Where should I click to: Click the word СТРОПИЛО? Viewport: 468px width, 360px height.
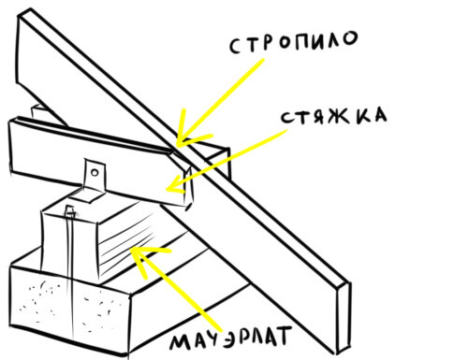(293, 43)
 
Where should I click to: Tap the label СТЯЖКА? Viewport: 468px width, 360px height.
(333, 116)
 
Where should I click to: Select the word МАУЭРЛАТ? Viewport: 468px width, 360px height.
(231, 338)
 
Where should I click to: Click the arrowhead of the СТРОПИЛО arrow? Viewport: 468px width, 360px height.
(190, 131)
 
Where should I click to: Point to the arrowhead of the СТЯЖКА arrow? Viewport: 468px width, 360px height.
(176, 185)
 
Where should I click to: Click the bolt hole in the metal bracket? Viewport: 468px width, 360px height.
(95, 172)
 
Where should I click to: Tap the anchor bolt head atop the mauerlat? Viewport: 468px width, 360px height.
(70, 211)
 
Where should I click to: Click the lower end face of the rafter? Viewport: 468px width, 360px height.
(344, 318)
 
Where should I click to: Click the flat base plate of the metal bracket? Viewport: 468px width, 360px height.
(88, 194)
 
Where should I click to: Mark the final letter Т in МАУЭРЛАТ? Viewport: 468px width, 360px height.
(283, 336)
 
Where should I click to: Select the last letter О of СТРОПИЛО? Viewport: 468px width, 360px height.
(349, 38)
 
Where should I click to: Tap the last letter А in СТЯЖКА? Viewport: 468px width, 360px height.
(380, 115)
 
